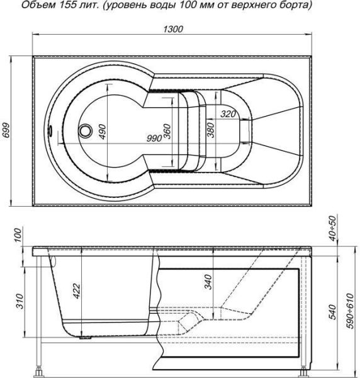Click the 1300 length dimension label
(x=173, y=29)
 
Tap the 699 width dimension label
(x=6, y=130)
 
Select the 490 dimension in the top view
(x=103, y=132)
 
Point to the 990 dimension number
(x=154, y=139)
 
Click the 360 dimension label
(x=167, y=131)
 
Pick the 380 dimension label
(x=211, y=130)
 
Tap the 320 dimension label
(x=228, y=114)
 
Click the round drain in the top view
(x=85, y=130)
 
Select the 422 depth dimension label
(x=77, y=291)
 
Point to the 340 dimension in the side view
(x=208, y=282)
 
